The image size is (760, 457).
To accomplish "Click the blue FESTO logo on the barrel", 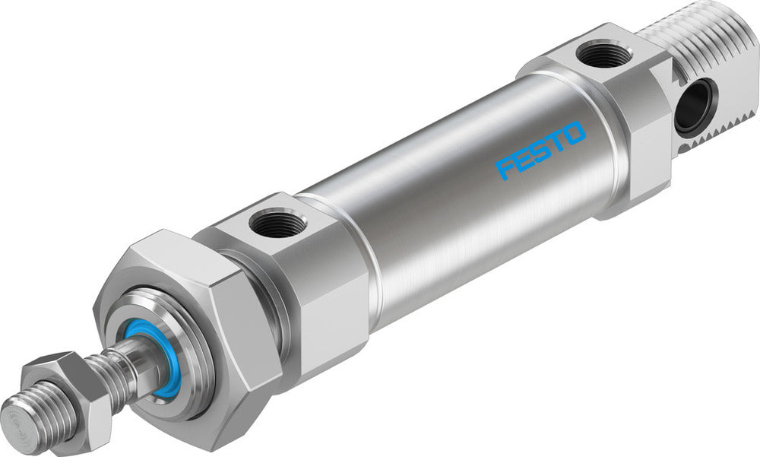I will pyautogui.click(x=540, y=150).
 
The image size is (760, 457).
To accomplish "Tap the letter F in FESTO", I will pyautogui.click(x=505, y=168).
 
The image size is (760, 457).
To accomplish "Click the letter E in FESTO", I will pyautogui.click(x=521, y=160).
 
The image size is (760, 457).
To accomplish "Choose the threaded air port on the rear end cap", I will pyautogui.click(x=598, y=56).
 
